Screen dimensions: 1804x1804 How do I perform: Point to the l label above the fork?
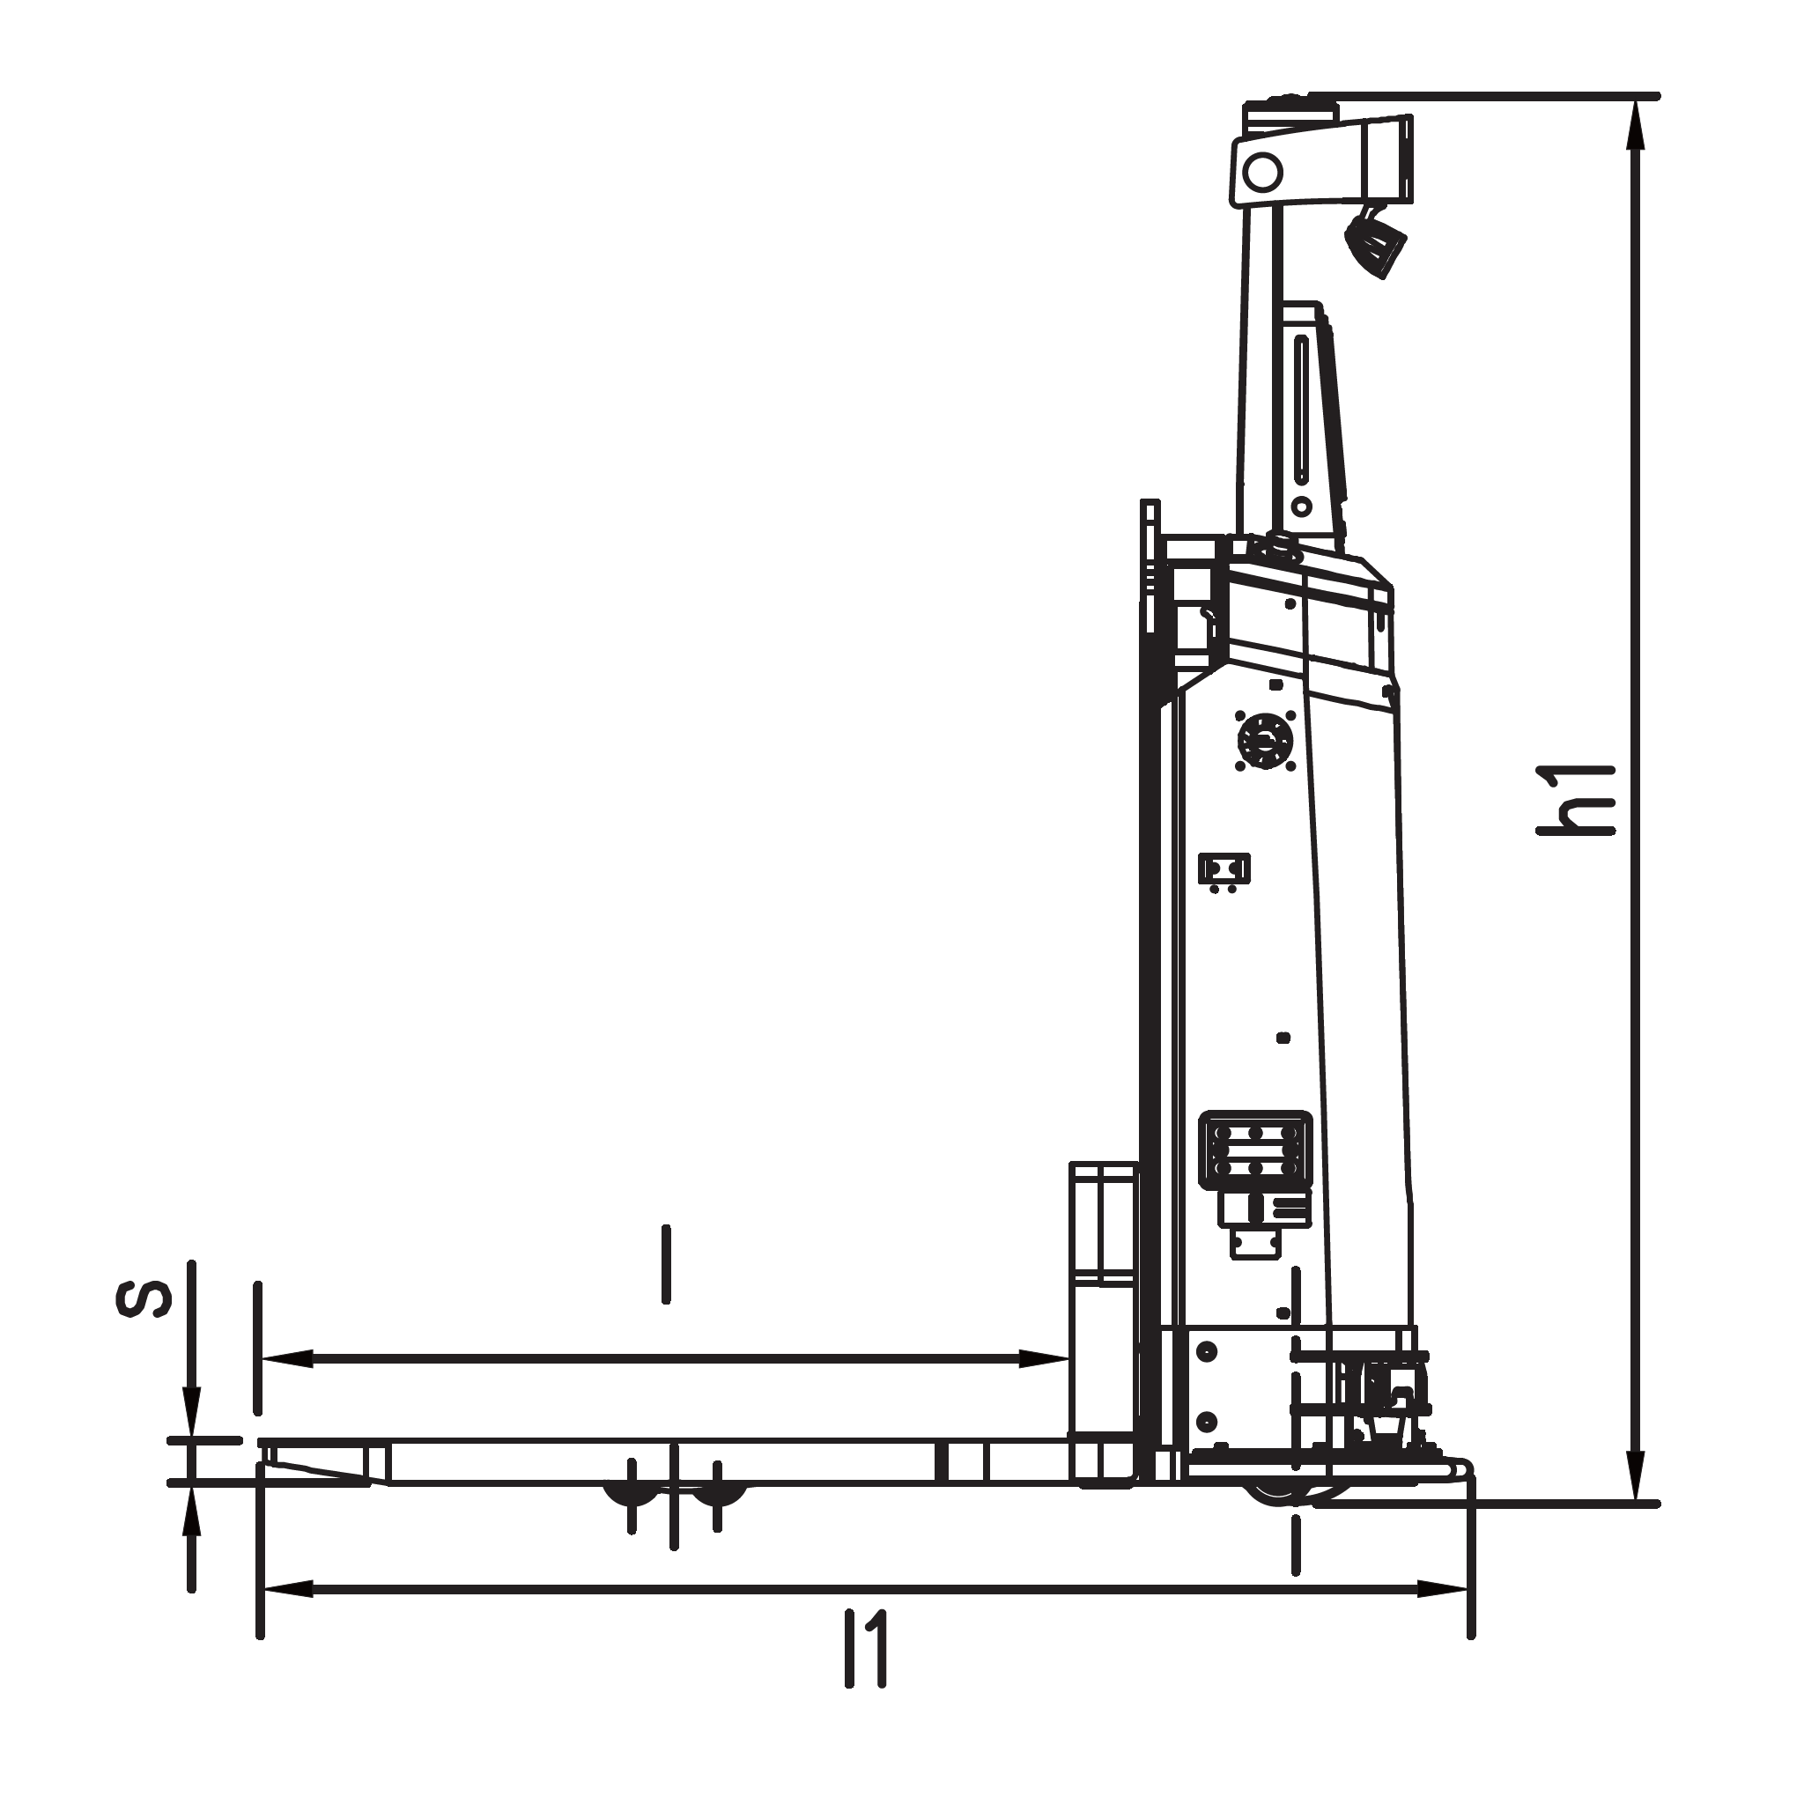coord(666,1264)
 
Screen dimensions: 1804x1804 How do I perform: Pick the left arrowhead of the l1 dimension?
coord(286,1588)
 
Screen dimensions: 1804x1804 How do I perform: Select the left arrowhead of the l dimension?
coord(286,1358)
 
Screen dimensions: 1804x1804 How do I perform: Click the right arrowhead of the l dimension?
coord(1044,1358)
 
